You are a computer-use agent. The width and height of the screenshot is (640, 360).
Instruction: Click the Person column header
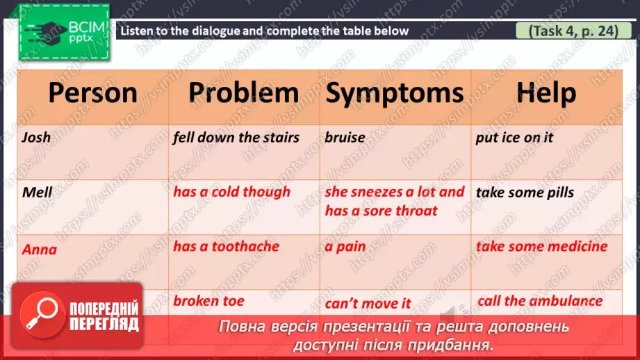pos(92,93)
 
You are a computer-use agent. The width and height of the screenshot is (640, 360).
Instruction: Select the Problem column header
pos(244,93)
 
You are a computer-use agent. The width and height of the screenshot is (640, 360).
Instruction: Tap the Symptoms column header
pos(395,93)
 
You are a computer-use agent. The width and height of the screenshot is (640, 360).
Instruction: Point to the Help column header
pos(546,93)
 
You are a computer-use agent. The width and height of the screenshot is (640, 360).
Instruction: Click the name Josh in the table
pos(36,138)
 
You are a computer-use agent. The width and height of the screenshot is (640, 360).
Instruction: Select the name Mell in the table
pos(36,193)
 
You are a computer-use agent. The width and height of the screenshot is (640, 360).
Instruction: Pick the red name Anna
pos(39,249)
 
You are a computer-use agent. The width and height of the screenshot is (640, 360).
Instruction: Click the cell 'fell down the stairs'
pos(236,138)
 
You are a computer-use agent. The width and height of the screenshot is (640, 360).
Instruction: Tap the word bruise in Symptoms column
pos(345,138)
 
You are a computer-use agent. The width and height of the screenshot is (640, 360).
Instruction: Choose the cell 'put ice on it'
pos(514,138)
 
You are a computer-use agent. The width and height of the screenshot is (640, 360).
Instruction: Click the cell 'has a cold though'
pos(231,192)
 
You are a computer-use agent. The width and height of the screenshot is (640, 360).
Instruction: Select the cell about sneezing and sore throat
pos(394,201)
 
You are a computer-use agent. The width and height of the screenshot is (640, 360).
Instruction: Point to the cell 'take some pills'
pos(525,193)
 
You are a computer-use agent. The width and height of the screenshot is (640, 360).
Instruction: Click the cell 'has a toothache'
pos(226,247)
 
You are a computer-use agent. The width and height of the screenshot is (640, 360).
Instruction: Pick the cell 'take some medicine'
pos(541,247)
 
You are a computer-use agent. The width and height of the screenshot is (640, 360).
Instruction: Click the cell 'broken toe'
pos(208,301)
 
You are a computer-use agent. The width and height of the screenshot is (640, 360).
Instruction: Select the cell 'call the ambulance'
pos(540,301)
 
